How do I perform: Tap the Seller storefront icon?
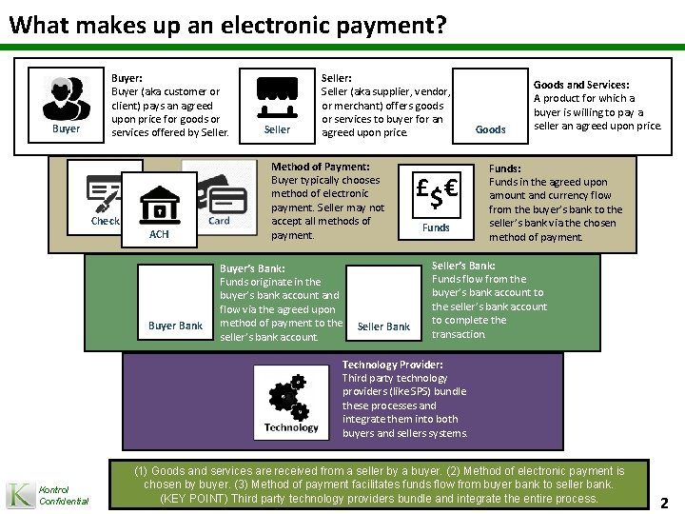pos(277,95)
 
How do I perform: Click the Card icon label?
pos(219,221)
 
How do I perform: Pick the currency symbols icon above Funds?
pos(437,193)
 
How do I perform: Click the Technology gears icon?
pos(291,398)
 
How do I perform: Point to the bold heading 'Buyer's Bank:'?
pos(251,268)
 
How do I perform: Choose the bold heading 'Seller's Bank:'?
pos(462,265)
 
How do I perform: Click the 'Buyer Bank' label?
pos(176,326)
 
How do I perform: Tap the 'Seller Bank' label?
pos(383,326)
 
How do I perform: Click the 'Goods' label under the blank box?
pos(490,129)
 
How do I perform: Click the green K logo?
pos(19,494)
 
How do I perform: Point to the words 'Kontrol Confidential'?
pos(64,495)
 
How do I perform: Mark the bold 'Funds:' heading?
pos(506,168)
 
